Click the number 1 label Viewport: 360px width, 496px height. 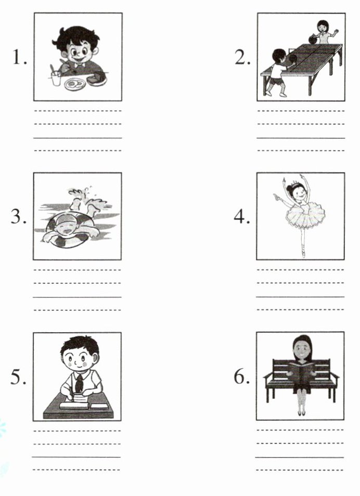point(20,57)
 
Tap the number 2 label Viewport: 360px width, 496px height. point(242,57)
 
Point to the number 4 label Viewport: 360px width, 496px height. point(241,217)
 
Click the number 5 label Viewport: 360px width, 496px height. point(19,377)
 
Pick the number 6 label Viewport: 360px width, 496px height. point(241,377)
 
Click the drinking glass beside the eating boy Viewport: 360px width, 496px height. point(56,79)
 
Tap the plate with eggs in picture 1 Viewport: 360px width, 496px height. point(75,84)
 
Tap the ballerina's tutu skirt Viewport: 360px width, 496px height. point(305,215)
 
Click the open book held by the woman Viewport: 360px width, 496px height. point(301,369)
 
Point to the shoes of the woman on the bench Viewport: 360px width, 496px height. point(301,412)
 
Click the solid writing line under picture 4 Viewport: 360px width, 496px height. point(300,296)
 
